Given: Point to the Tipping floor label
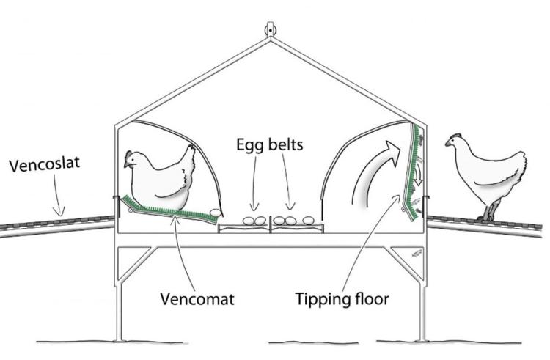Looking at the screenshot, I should coord(341,300).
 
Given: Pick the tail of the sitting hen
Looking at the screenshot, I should coord(189,155).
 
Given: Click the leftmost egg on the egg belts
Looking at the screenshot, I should coord(250,220).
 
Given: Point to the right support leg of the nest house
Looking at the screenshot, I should coord(422,301).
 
